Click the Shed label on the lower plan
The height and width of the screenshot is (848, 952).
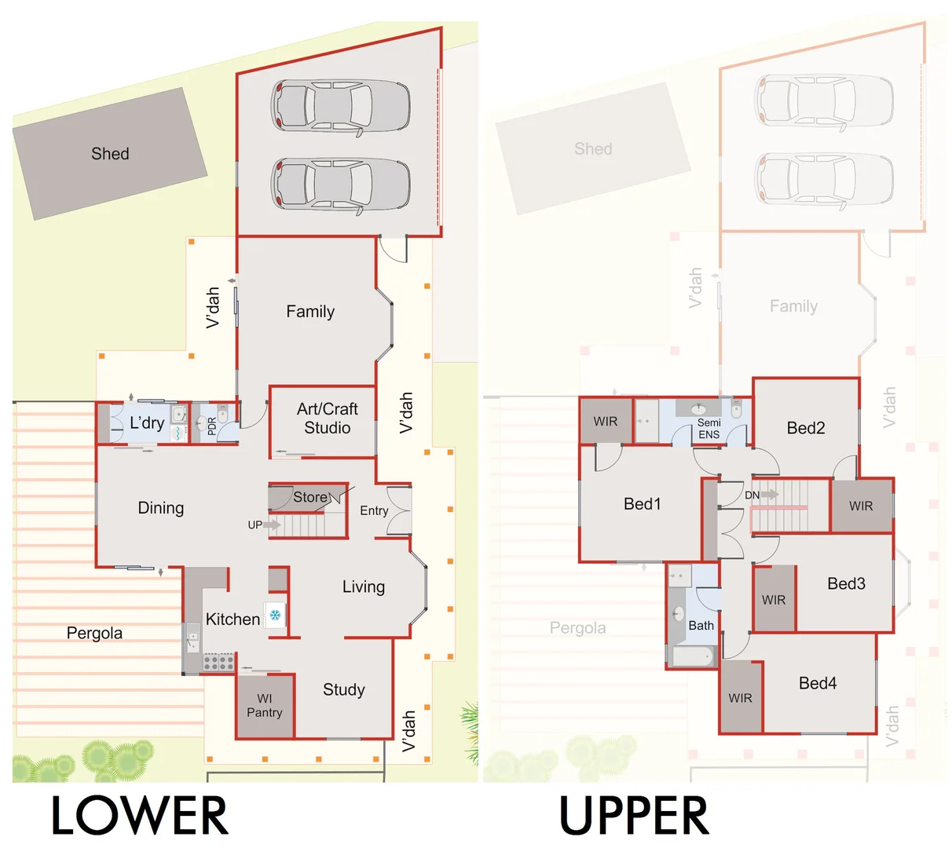click(110, 154)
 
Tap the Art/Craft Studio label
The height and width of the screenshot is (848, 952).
click(328, 419)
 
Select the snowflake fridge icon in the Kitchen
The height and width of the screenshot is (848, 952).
click(275, 615)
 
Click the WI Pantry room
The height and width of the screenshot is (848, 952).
click(265, 705)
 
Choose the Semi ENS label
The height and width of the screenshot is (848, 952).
click(709, 429)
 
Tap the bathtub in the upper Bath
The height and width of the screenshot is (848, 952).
click(692, 656)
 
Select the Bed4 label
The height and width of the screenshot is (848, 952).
click(818, 683)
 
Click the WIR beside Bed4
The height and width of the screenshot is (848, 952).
click(740, 698)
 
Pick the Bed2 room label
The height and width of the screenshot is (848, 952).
click(806, 428)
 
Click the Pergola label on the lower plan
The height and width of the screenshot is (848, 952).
click(94, 633)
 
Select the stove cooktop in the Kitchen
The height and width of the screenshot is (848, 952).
click(219, 662)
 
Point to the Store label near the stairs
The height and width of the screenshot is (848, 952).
click(310, 497)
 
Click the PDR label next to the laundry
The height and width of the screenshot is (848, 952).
click(211, 426)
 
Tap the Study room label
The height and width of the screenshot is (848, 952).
click(344, 689)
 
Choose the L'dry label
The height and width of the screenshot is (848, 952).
click(147, 423)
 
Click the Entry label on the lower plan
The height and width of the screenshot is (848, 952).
click(374, 510)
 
